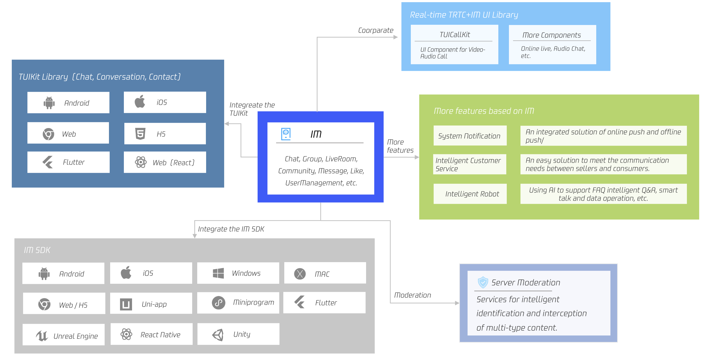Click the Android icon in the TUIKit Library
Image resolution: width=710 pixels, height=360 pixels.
49,103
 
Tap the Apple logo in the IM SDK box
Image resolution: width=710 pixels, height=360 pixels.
126,273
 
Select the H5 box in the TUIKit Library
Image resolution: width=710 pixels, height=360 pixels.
165,134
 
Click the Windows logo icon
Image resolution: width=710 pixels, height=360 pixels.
218,273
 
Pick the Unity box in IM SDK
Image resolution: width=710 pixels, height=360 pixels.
238,334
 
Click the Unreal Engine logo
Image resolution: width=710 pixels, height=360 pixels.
42,335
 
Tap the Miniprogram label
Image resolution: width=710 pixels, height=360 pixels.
253,302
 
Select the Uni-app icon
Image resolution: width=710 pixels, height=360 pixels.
126,304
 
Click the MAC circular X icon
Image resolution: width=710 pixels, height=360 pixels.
300,273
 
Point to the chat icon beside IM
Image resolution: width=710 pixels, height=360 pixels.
286,134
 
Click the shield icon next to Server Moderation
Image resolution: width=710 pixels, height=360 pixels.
483,282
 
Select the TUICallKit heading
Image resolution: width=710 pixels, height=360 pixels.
455,35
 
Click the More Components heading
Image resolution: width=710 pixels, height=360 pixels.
552,35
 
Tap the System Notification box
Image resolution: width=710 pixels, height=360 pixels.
470,136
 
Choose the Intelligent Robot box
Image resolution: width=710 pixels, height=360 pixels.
470,194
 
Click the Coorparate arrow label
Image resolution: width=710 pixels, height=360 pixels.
375,30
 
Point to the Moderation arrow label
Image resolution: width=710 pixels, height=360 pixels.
412,295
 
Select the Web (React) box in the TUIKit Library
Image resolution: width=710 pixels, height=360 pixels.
165,162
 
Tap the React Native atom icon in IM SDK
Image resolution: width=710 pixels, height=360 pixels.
126,334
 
